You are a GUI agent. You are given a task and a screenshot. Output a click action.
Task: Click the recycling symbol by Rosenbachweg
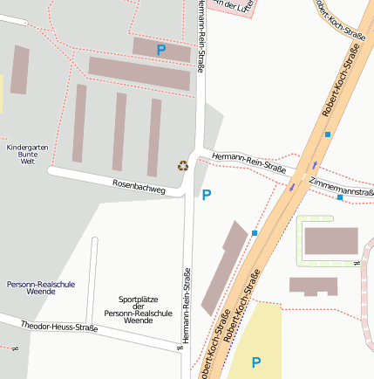[183, 165]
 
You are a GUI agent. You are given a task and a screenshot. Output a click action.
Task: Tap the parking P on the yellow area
[255, 362]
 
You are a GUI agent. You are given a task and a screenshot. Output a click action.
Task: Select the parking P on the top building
[160, 51]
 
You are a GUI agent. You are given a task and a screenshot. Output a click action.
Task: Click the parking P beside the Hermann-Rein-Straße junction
[206, 195]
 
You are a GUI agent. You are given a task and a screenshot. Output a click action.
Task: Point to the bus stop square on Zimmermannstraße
[339, 197]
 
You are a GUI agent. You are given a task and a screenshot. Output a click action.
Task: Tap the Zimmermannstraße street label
[341, 188]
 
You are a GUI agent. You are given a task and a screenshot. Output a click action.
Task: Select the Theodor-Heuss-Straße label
[59, 327]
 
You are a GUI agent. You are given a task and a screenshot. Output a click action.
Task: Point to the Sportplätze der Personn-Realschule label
[126, 309]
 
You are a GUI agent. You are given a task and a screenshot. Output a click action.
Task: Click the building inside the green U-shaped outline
[330, 240]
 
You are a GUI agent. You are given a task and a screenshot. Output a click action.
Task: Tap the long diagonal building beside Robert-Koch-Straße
[224, 268]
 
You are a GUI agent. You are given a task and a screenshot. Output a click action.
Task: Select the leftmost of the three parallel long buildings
[78, 123]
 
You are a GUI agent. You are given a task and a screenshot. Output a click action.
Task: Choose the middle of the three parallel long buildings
[119, 132]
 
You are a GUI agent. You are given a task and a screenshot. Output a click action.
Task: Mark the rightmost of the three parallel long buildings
[154, 137]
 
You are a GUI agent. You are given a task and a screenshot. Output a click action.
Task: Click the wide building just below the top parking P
[139, 74]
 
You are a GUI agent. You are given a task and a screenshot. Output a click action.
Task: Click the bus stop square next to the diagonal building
[255, 233]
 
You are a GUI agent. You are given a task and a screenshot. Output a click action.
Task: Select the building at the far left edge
[19, 70]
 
